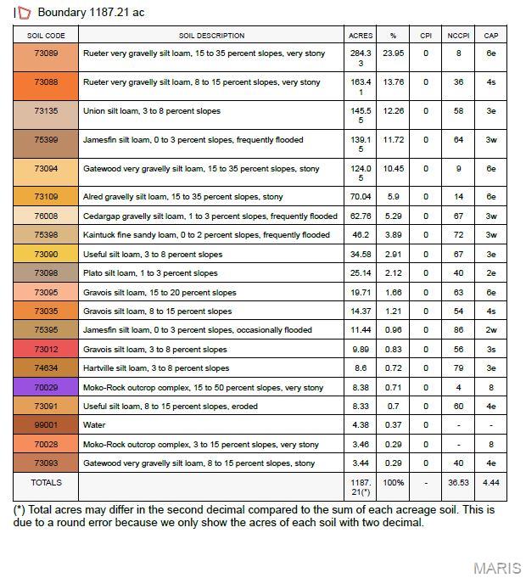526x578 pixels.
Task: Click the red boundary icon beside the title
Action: coord(25,13)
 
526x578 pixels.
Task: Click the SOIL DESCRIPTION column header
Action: coord(211,36)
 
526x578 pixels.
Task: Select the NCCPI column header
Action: coord(458,36)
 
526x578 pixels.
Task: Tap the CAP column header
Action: coord(490,36)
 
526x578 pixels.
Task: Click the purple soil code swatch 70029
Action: coord(46,387)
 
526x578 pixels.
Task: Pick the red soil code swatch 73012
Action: coord(46,349)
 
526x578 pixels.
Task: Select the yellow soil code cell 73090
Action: coord(46,254)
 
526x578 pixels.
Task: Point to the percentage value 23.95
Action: coord(393,53)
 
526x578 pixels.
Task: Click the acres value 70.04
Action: coord(361,197)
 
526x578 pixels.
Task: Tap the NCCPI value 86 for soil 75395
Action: coord(458,330)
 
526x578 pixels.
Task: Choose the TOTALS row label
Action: coord(46,483)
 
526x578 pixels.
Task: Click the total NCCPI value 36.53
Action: coord(458,483)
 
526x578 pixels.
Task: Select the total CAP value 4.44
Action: coord(490,483)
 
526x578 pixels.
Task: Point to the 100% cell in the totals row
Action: coord(393,483)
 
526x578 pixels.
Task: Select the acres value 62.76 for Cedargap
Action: coord(361,216)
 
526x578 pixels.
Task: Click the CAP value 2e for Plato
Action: coord(490,273)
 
